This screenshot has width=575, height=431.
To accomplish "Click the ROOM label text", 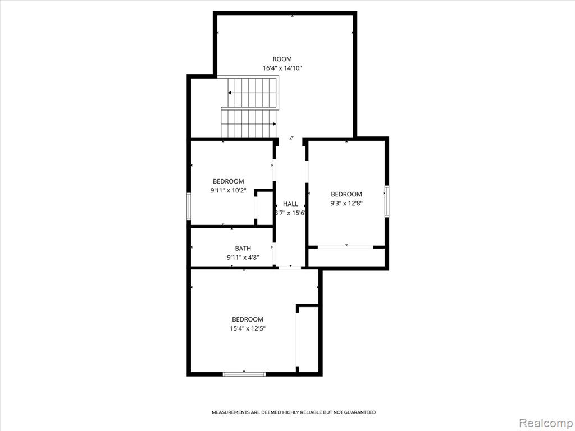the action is pos(282,59).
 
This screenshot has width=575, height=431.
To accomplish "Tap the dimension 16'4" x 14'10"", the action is pos(282,68).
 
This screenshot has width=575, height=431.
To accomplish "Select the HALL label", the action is pos(290,204).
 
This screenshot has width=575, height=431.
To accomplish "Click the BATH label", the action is pos(243,249).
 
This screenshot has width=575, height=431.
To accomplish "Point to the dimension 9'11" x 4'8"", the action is pos(243,258).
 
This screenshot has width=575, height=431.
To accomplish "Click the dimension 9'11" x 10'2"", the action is pos(228,191).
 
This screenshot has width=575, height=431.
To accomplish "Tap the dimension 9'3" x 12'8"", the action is pos(346,203).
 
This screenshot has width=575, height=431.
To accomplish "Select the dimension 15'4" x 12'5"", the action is pos(248,329).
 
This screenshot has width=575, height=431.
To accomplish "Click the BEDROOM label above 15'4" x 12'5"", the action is pos(248,319).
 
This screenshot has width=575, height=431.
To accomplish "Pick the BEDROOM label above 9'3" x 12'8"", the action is pos(346,194).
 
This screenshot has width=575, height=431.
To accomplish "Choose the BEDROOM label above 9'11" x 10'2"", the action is pos(228,181).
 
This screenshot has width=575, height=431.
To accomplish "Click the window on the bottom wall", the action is pos(244,374).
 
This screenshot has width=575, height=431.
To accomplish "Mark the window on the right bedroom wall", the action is pos(387,201).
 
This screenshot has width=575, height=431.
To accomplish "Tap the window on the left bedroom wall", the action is pos(189,207).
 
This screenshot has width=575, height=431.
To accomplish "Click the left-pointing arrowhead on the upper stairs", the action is pos(230,93).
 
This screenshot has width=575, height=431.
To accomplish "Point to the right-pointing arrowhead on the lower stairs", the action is pos(274,124).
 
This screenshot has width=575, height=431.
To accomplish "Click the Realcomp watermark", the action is pos(546,423).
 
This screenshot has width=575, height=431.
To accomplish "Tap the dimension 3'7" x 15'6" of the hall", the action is pos(290,213).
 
